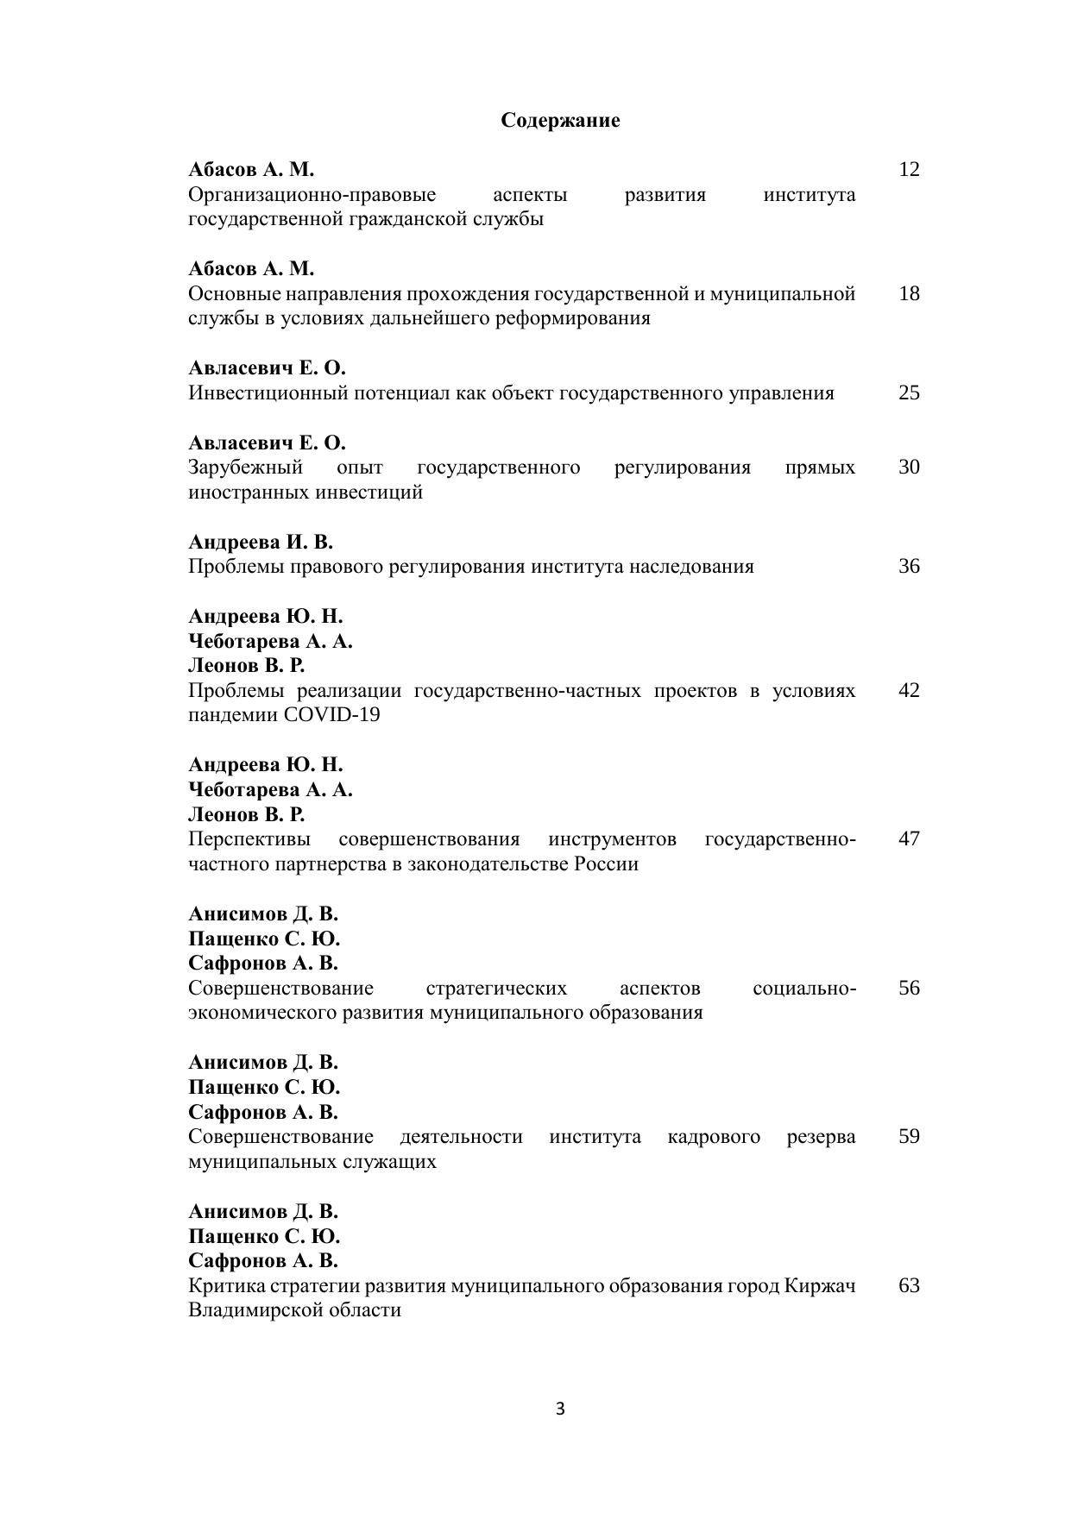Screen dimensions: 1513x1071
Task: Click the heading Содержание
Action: [x=560, y=120]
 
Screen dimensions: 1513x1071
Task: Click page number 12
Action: [x=909, y=169]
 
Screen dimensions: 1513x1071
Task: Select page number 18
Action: [x=909, y=293]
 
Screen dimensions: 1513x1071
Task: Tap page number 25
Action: [x=909, y=392]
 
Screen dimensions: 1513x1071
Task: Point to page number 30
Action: [x=909, y=467]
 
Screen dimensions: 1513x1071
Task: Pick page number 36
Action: [x=909, y=566]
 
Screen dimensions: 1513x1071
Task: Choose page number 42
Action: [x=909, y=690]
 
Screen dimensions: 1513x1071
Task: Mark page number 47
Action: [x=909, y=838]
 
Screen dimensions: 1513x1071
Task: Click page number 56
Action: [x=909, y=988]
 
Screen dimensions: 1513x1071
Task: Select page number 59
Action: [x=909, y=1136]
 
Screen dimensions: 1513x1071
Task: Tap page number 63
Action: [x=909, y=1285]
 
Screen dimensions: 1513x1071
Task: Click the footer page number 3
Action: [x=560, y=1409]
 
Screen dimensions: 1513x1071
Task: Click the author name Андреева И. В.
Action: [x=260, y=542]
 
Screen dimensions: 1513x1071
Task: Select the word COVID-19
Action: [x=331, y=715]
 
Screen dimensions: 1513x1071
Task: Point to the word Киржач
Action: [x=820, y=1285]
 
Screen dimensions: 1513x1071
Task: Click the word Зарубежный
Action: [x=245, y=467]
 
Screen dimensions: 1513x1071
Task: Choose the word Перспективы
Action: [x=249, y=838]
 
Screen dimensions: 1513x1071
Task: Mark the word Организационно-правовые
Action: [x=312, y=194]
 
